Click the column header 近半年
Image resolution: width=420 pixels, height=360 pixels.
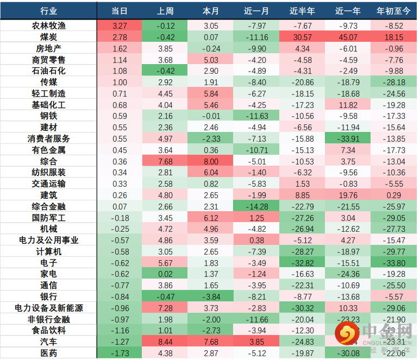point(302,11)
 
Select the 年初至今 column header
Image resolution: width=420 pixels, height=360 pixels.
point(393,11)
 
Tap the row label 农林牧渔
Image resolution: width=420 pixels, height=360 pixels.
point(48,26)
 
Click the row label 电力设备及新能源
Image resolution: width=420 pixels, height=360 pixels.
point(48,308)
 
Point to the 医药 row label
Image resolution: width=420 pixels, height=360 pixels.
point(48,353)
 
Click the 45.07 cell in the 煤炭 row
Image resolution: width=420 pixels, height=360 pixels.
point(348,37)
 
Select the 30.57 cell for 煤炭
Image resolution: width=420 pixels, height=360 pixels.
point(302,37)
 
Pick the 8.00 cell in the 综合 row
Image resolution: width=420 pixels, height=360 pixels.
point(211,161)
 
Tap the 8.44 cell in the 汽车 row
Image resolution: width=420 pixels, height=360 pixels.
point(165,342)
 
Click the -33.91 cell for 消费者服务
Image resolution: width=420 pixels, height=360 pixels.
point(348,138)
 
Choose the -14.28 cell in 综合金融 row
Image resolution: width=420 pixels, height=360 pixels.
point(256,206)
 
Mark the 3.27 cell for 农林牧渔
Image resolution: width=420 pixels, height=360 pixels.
point(120,26)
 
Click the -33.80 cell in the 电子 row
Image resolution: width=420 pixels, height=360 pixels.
point(393,263)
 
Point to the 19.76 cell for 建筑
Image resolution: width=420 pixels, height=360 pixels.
point(348,195)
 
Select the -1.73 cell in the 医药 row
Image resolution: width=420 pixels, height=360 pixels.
point(120,353)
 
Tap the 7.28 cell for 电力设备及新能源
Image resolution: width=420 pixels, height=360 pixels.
point(165,308)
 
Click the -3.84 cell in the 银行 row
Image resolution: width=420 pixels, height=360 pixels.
point(211,296)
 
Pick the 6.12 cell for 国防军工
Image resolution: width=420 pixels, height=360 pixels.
point(211,218)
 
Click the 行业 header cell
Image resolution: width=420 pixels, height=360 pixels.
point(48,11)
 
